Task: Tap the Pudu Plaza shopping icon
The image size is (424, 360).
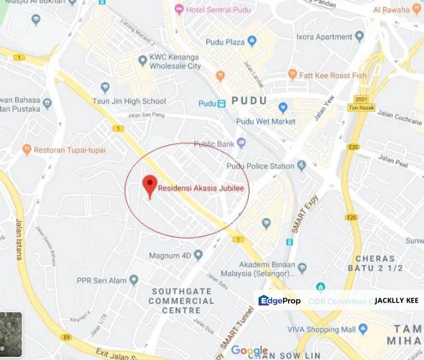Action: coord(252,41)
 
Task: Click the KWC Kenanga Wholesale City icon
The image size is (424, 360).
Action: coord(143,60)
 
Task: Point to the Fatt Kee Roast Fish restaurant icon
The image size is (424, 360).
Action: coord(293,75)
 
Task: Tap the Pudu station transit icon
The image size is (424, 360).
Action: coord(221,103)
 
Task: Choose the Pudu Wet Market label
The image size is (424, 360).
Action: coord(266,121)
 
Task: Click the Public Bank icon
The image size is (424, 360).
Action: coord(241,143)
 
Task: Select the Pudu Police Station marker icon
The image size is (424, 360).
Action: coord(301,165)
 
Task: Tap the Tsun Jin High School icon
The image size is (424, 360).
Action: coord(105,87)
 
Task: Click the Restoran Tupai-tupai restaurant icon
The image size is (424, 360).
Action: coord(27,149)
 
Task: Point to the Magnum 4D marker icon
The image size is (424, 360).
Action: coord(198,255)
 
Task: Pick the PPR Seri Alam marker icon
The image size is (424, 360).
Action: coord(134,280)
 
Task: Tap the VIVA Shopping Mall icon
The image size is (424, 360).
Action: coord(363,329)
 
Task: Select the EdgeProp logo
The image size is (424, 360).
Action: coord(279,300)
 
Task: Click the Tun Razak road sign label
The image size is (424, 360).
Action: coord(361,107)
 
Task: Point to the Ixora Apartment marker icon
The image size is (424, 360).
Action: coord(359,36)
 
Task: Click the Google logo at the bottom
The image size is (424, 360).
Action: coord(249,350)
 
